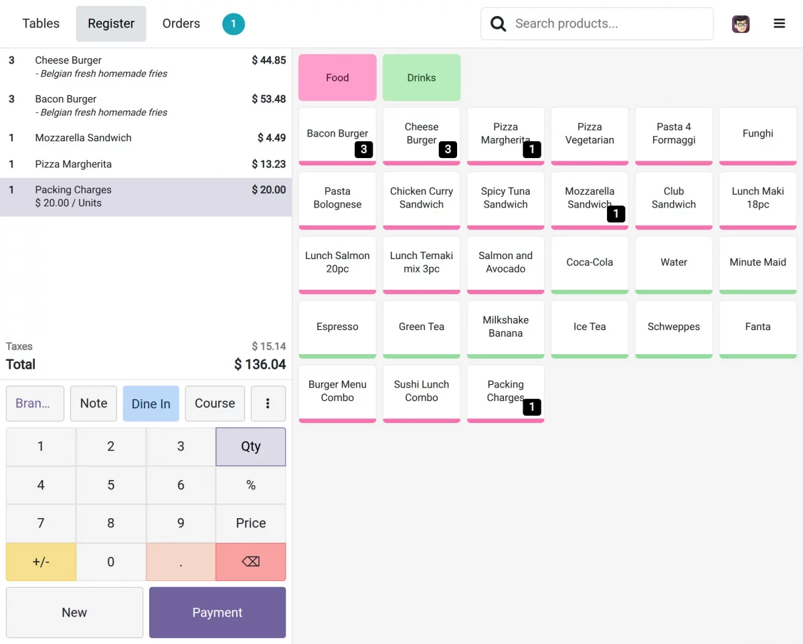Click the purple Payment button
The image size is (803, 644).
(217, 613)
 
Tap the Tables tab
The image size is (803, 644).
(41, 23)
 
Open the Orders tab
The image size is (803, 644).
(181, 23)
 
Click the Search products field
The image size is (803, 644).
(602, 24)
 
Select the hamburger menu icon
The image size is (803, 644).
(780, 24)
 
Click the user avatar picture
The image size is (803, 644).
(741, 24)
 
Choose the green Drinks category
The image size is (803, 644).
(422, 78)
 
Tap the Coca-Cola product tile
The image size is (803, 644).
(590, 263)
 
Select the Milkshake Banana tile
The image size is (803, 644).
(505, 327)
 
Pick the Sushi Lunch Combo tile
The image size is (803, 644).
(422, 392)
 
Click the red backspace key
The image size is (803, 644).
(251, 562)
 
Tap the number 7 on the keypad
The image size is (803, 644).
(41, 524)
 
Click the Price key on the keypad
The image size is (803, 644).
(251, 524)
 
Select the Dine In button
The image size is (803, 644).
(151, 404)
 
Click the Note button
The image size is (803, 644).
(94, 404)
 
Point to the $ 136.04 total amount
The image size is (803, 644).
(260, 365)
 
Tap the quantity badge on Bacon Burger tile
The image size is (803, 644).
(364, 149)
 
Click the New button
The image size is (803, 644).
(74, 613)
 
